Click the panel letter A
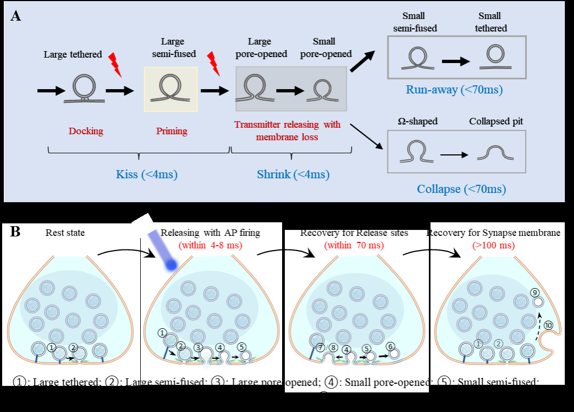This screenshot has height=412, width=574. pos(16,16)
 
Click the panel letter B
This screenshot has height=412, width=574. pos(16,233)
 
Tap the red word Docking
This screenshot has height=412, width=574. pos(86,131)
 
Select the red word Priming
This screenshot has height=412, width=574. pos(172,131)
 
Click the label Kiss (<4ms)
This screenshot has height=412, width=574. pos(139,174)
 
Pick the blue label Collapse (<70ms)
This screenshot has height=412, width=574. pos(461,189)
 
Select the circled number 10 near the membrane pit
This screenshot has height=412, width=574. pos(548,326)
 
